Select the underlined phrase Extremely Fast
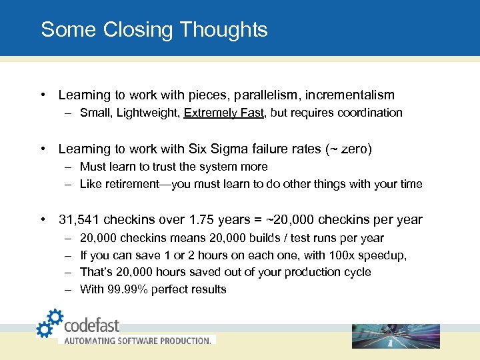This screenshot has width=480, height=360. pyautogui.click(x=224, y=113)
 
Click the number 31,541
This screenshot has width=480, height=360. pyautogui.click(x=79, y=220)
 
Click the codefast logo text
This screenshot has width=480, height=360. pyautogui.click(x=91, y=325)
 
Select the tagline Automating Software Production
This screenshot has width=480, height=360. pyautogui.click(x=137, y=341)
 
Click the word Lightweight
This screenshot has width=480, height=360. pyautogui.click(x=146, y=113)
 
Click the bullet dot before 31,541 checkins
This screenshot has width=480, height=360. pyautogui.click(x=43, y=220)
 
